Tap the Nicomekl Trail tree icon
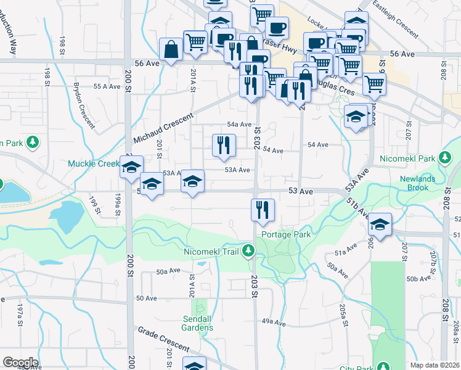tap(248, 250)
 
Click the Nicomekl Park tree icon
tap(444, 158)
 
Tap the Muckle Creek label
tap(92, 164)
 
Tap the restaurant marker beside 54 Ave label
tap(224, 145)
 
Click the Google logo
tap(20, 363)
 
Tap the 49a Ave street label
tap(275, 322)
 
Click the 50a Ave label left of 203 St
tap(168, 271)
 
